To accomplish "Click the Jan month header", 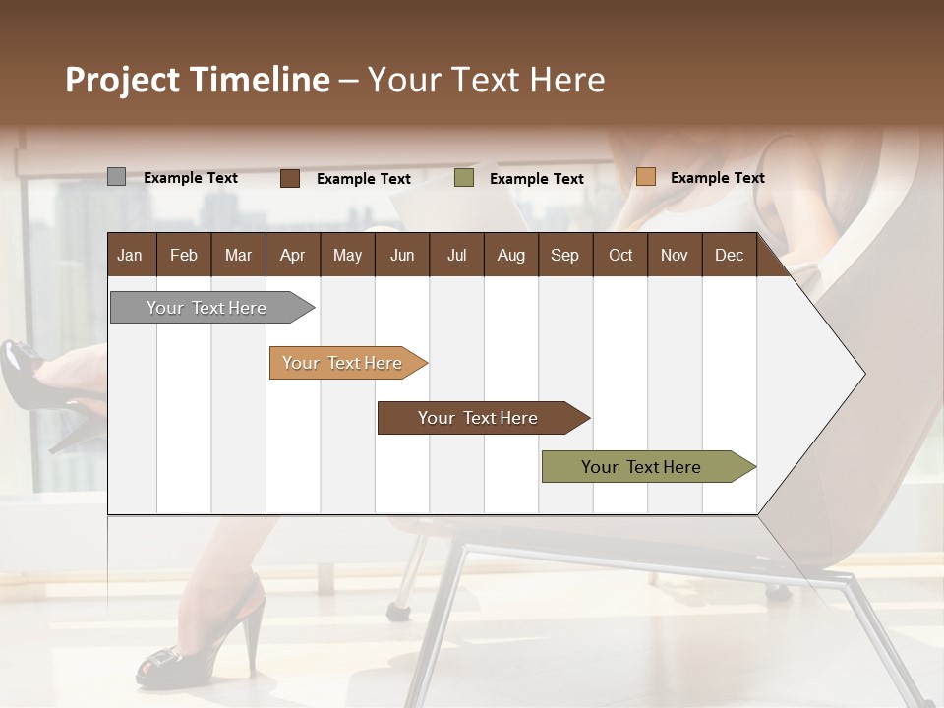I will (130, 255).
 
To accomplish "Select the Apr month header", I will (292, 255).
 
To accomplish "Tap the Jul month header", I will (456, 255).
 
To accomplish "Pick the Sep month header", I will (564, 255).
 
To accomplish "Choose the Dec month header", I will (729, 255).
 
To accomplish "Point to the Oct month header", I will (620, 255).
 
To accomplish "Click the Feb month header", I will (184, 255).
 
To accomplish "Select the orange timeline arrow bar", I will (345, 363).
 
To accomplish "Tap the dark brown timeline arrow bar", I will (480, 418).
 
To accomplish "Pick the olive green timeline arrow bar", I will (644, 467).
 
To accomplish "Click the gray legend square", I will (116, 177).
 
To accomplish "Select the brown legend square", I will (290, 178).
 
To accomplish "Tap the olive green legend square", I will (464, 178).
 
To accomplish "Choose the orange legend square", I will (645, 177).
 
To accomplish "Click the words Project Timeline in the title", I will (197, 80).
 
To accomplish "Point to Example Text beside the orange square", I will (717, 177).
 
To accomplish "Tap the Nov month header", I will (675, 255).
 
